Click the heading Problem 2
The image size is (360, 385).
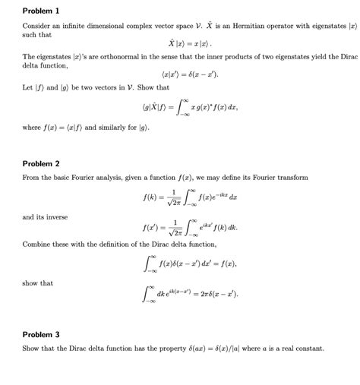(41, 163)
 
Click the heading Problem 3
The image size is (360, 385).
(41, 334)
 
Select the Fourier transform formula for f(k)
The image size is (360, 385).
(179, 197)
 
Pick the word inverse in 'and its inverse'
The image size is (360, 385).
(56, 217)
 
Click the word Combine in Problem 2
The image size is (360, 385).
(36, 245)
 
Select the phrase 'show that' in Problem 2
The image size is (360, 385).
(38, 283)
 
